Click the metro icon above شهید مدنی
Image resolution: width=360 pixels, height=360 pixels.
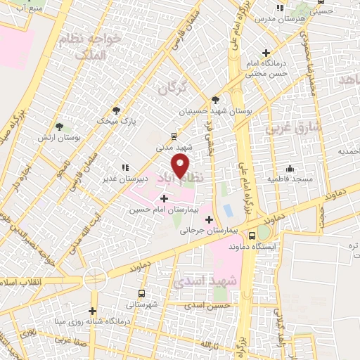coord(174,136)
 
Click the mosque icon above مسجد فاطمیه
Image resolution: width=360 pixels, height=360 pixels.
coord(290,168)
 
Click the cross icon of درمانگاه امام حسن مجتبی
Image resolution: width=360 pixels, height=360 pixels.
coord(266,53)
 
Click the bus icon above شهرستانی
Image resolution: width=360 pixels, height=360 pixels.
coord(141,294)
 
